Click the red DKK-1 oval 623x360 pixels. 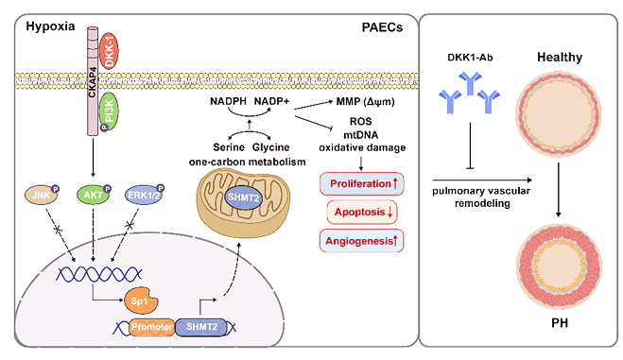click(x=109, y=51)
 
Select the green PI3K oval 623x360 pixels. click(x=109, y=111)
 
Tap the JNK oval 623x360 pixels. click(x=41, y=196)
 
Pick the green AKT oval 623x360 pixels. click(x=93, y=195)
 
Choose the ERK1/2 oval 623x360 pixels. click(x=144, y=195)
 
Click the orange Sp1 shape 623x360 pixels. click(x=141, y=300)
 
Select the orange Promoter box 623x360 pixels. click(x=152, y=327)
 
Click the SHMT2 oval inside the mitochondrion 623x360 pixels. click(x=243, y=197)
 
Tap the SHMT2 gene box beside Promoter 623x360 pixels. click(x=202, y=327)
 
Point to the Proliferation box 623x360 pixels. click(x=361, y=183)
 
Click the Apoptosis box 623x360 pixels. click(x=362, y=212)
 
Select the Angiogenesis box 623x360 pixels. click(x=361, y=241)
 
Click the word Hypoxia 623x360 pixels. click(x=50, y=26)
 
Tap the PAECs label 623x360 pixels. click(x=382, y=27)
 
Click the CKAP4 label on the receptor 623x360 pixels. click(x=93, y=82)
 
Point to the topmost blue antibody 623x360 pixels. click(x=471, y=82)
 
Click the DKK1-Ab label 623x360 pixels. click(x=470, y=58)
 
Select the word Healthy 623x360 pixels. click(x=560, y=57)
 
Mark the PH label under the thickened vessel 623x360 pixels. click(x=560, y=323)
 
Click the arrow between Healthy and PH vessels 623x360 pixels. click(x=558, y=190)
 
